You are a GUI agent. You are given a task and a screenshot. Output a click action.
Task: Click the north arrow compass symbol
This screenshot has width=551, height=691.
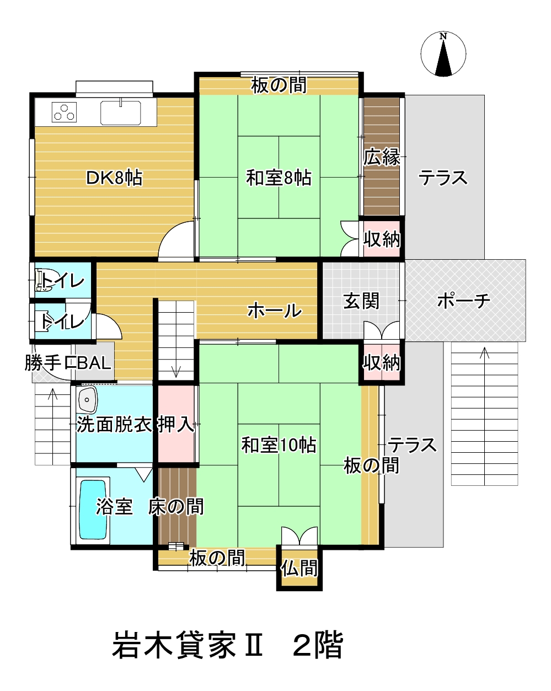(x=443, y=54)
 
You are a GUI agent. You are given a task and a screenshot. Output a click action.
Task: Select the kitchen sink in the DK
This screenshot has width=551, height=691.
(x=121, y=112)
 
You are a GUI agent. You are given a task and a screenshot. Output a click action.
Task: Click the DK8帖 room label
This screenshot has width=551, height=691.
(x=115, y=178)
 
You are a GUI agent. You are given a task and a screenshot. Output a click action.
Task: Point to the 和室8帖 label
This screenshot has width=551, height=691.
(x=279, y=178)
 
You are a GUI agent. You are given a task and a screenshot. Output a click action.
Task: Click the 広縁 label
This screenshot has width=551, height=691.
(x=382, y=157)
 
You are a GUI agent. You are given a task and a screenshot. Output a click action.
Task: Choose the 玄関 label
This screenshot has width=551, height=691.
(x=361, y=301)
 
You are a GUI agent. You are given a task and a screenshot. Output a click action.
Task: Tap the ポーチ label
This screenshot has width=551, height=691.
(x=463, y=301)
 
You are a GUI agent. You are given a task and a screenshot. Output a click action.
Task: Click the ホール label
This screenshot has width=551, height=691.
(x=274, y=310)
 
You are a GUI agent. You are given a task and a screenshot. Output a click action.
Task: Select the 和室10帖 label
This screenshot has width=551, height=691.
(x=279, y=444)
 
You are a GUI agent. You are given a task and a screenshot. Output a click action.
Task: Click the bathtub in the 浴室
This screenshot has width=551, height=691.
(x=93, y=510)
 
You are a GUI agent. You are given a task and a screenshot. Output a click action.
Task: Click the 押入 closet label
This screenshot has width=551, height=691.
(x=176, y=424)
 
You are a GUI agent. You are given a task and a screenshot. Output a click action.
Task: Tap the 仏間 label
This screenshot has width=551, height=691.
(x=299, y=567)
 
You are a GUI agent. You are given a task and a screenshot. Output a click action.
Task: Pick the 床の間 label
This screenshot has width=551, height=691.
(x=176, y=506)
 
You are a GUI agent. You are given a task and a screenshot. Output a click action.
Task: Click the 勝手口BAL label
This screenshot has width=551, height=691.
(x=68, y=363)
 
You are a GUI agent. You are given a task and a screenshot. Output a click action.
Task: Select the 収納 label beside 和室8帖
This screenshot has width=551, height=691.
(x=382, y=239)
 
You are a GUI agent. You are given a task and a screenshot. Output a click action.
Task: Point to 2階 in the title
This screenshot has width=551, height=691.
(x=318, y=645)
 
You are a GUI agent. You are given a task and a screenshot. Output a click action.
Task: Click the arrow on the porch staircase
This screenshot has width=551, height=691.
(x=485, y=353)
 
